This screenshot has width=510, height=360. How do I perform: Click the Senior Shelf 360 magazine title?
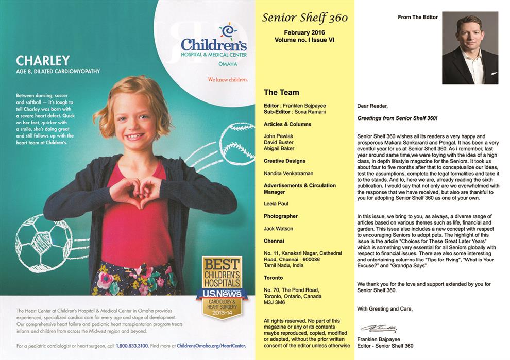pyautogui.click(x=305, y=18)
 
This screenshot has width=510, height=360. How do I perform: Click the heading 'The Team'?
pyautogui.click(x=281, y=93)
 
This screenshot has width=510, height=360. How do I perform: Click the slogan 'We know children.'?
pyautogui.click(x=228, y=80)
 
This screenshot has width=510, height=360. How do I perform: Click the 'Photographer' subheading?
pyautogui.click(x=281, y=216)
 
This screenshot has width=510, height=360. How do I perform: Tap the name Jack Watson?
pyautogui.click(x=279, y=228)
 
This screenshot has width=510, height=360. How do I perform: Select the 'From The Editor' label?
pyautogui.click(x=418, y=17)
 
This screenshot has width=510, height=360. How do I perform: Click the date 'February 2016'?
pyautogui.click(x=304, y=31)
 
